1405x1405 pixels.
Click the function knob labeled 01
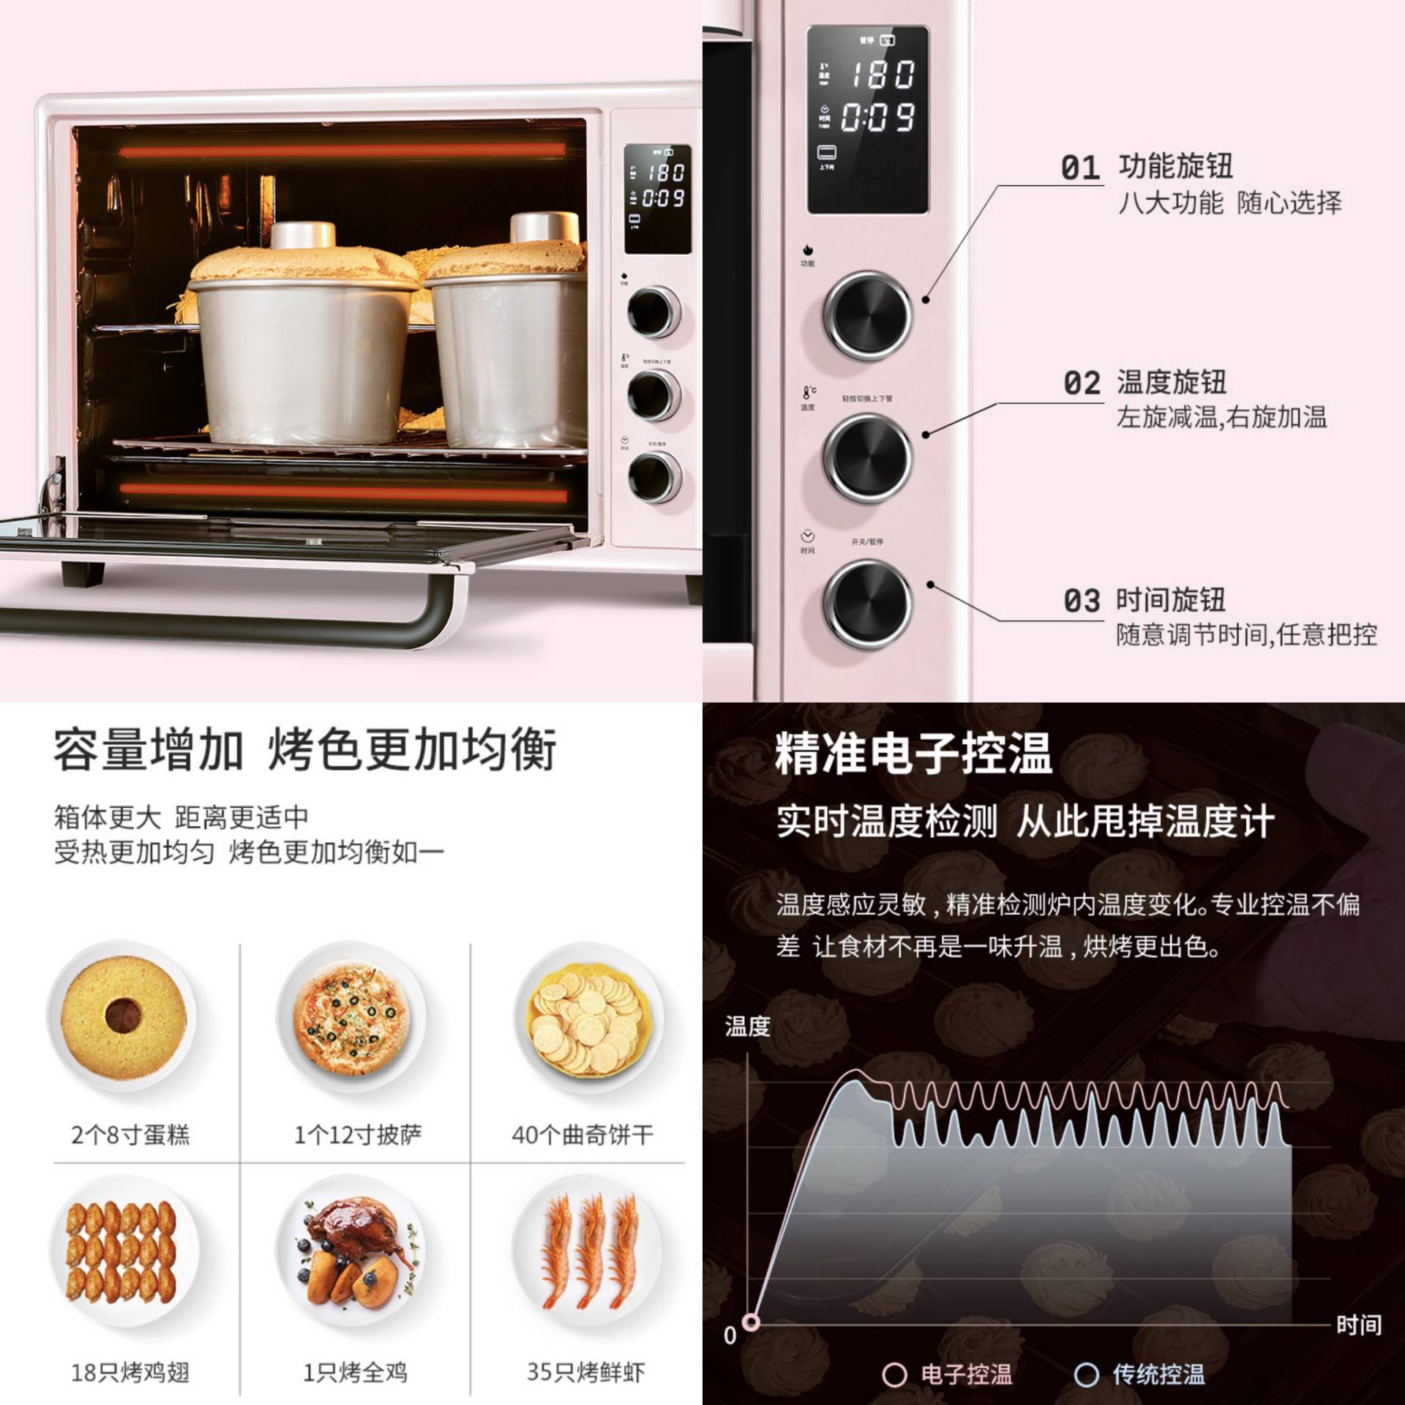tap(867, 315)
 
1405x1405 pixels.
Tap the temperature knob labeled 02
tap(867, 458)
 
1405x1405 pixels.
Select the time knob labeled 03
tap(867, 604)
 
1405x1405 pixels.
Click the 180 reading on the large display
tap(882, 75)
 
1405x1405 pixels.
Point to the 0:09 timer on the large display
tap(878, 117)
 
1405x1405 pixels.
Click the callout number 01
tap(1080, 168)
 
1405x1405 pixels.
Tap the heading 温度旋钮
tap(1171, 382)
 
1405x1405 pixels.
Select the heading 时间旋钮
tap(1170, 600)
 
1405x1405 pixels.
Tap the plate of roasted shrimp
tap(589, 1253)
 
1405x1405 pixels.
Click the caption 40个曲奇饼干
tap(582, 1135)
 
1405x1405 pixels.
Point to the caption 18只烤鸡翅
tap(130, 1372)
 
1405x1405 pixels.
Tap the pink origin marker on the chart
tap(751, 1322)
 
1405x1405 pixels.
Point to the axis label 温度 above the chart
tap(747, 1027)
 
